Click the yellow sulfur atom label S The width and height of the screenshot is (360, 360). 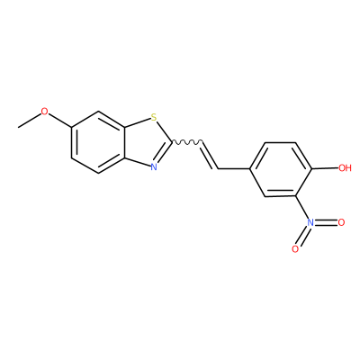pyautogui.click(x=154, y=117)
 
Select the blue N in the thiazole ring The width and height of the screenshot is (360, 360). pyautogui.click(x=154, y=166)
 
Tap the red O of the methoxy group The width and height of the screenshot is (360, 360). pyautogui.click(x=44, y=112)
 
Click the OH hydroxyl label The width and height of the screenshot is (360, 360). pyautogui.click(x=345, y=167)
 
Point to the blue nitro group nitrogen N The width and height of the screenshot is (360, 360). pyautogui.click(x=310, y=222)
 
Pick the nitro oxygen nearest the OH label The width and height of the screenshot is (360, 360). pyautogui.click(x=341, y=222)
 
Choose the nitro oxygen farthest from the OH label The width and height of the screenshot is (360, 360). pyautogui.click(x=295, y=249)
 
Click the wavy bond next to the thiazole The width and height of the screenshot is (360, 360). pyautogui.click(x=188, y=141)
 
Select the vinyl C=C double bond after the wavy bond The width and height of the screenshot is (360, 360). pyautogui.click(x=210, y=156)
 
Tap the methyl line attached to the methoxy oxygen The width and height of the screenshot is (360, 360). pyautogui.click(x=30, y=121)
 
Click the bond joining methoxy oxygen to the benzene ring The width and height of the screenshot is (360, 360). pyautogui.click(x=60, y=121)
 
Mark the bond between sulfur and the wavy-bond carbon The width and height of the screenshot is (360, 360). pyautogui.click(x=165, y=131)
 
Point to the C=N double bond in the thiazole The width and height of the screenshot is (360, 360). pyautogui.click(x=163, y=153)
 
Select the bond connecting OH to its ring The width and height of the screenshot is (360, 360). pyautogui.click(x=325, y=169)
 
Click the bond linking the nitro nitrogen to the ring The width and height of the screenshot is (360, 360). pyautogui.click(x=302, y=208)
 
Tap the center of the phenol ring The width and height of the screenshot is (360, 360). pyautogui.click(x=281, y=169)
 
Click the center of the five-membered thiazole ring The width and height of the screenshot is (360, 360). pyautogui.click(x=147, y=142)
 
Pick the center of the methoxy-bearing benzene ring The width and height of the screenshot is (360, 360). pyautogui.click(x=98, y=142)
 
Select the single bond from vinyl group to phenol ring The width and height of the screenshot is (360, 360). pyautogui.click(x=234, y=169)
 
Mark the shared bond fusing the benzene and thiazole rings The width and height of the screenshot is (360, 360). pyautogui.click(x=124, y=142)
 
